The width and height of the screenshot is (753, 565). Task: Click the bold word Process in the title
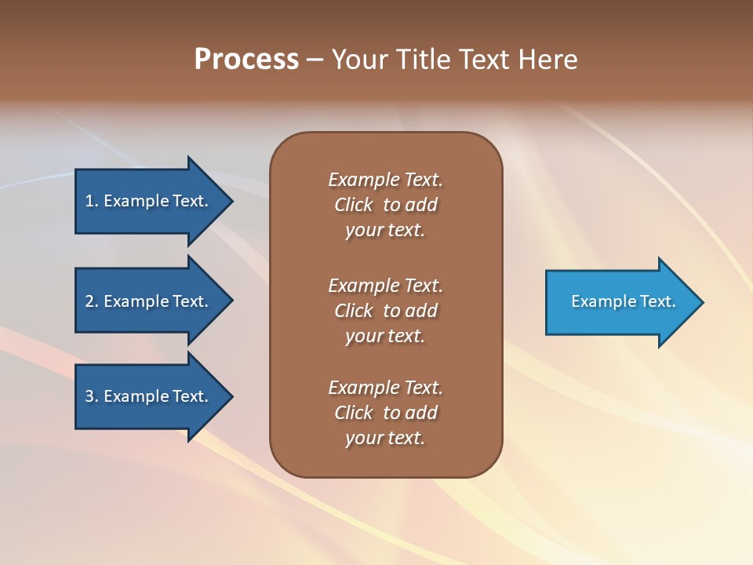tap(246, 60)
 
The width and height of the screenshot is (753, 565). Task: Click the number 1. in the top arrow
tap(92, 201)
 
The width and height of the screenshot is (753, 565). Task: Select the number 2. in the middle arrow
tap(92, 301)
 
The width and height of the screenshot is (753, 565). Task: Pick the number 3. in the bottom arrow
tap(92, 396)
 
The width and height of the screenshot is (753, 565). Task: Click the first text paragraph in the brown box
tap(385, 205)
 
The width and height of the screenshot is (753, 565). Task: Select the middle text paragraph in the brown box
tap(385, 311)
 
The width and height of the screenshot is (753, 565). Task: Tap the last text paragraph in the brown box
tap(385, 413)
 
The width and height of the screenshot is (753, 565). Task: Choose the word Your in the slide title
tap(359, 60)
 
